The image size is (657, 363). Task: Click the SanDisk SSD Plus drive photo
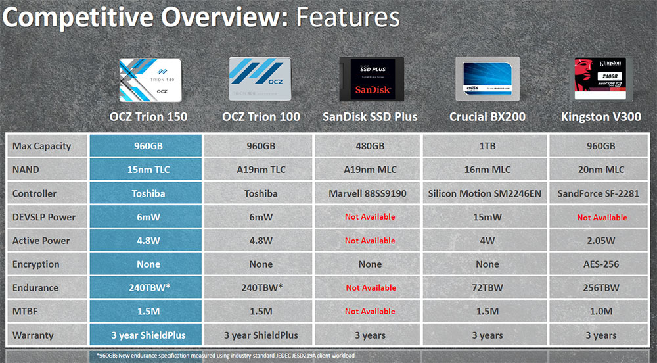click(x=372, y=79)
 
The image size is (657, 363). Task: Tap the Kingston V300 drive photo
click(x=600, y=79)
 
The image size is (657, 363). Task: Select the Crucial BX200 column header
click(x=487, y=116)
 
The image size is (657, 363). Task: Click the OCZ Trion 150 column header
click(x=148, y=116)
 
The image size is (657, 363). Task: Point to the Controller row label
click(x=34, y=193)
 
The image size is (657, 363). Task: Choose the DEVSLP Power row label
click(x=44, y=217)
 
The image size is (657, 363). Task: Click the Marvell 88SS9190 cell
click(x=367, y=193)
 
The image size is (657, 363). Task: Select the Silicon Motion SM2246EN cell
click(x=485, y=193)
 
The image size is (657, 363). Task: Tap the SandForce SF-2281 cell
click(x=599, y=193)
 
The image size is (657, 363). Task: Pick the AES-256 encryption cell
click(x=601, y=264)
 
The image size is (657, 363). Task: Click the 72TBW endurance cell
click(x=487, y=288)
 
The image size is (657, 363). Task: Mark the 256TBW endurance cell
click(x=601, y=288)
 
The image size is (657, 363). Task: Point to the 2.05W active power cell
click(x=601, y=241)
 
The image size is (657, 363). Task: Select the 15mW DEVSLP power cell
click(x=487, y=217)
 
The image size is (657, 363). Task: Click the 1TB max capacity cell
click(x=487, y=146)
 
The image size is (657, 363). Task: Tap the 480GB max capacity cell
click(x=370, y=146)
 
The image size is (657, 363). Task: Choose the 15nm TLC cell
click(x=148, y=170)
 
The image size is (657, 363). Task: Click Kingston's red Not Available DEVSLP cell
click(x=602, y=218)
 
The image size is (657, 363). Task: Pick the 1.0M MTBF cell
click(x=601, y=312)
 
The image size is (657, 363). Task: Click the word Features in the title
click(x=348, y=18)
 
